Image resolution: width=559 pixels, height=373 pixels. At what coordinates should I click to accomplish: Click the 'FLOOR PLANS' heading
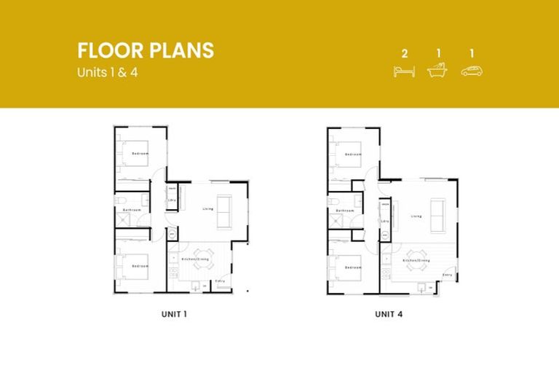tap(146, 50)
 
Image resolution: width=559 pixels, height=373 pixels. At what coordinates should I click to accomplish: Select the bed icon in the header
tap(404, 71)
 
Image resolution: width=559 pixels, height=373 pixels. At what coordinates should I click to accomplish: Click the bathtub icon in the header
tap(437, 71)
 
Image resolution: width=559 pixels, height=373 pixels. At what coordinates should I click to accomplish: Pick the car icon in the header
tap(472, 71)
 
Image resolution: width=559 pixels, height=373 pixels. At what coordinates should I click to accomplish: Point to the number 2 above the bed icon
tap(404, 53)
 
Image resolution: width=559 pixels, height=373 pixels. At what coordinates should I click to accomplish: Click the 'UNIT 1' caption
tap(175, 315)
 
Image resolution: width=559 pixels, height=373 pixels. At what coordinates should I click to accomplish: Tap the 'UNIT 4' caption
tap(389, 315)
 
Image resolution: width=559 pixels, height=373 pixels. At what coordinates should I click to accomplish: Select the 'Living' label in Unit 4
tap(416, 216)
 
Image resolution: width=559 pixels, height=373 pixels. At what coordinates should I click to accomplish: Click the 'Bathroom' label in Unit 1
tap(131, 210)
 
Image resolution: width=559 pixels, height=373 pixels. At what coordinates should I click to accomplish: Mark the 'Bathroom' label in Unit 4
tap(344, 210)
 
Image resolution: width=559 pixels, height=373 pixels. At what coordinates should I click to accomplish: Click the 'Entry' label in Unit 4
tap(448, 275)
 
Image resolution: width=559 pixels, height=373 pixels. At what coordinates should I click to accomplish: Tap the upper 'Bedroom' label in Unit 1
tap(140, 154)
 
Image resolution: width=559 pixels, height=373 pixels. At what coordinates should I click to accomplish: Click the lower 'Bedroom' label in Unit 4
tap(354, 267)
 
